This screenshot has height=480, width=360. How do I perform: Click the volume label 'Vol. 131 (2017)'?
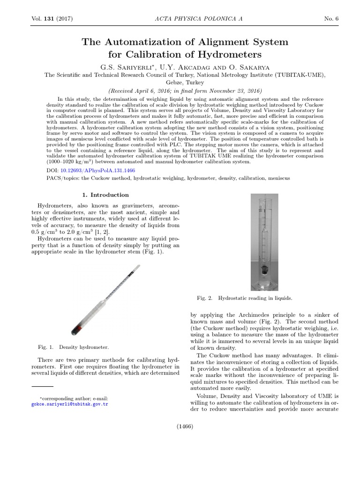pos(52,18)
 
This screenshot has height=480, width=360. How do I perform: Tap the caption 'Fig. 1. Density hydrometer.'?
pos(74,347)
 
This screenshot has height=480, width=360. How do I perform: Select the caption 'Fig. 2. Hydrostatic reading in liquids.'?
pos(245,298)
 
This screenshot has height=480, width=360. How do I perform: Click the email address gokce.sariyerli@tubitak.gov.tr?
pos(69,404)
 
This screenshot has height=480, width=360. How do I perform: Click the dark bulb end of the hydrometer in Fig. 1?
pos(75,330)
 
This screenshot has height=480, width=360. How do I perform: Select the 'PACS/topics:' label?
pos(63,179)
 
